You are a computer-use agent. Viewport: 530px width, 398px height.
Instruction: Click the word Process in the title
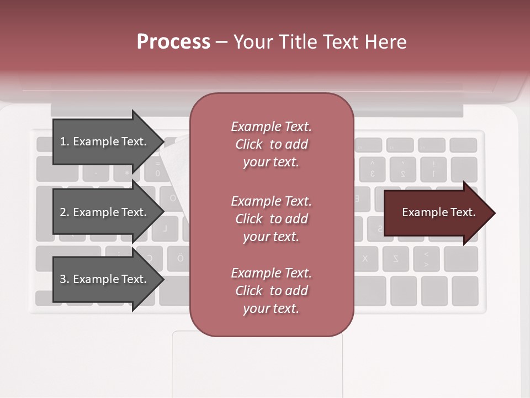[x=173, y=42]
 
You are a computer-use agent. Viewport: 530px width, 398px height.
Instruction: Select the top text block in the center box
[x=271, y=144]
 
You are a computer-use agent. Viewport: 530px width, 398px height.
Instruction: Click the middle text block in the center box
[x=271, y=219]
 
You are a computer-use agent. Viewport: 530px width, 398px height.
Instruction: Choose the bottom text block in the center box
[x=271, y=291]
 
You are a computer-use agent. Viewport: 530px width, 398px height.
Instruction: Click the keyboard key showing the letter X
[x=365, y=259]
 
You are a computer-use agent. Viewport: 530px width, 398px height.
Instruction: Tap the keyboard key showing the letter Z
[x=395, y=259]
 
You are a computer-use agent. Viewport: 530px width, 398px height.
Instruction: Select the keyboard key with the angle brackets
[x=426, y=259]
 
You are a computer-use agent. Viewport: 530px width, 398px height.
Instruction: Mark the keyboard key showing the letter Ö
[x=180, y=259]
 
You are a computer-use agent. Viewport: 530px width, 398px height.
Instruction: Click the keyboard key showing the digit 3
[x=373, y=169]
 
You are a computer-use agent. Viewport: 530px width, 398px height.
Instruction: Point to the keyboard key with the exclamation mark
[x=433, y=169]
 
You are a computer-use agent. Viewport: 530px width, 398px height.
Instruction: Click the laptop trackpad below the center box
[x=257, y=365]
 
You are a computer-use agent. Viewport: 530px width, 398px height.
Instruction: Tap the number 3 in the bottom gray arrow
[x=62, y=279]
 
